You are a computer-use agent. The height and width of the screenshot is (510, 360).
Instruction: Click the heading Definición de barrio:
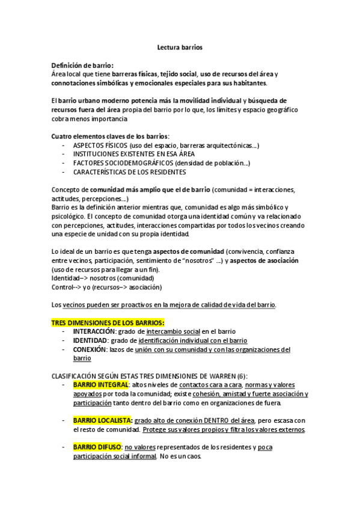coord(82,66)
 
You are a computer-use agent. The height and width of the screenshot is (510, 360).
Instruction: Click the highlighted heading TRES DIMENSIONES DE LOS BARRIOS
coord(108,323)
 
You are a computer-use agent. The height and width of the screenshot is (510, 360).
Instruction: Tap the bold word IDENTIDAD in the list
coord(90,340)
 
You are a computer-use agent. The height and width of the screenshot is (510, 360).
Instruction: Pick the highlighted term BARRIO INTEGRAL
coord(100,384)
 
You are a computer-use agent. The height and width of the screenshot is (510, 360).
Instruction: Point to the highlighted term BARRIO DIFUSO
coord(97,447)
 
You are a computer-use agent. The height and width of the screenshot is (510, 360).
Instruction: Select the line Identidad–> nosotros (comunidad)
coord(102,278)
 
